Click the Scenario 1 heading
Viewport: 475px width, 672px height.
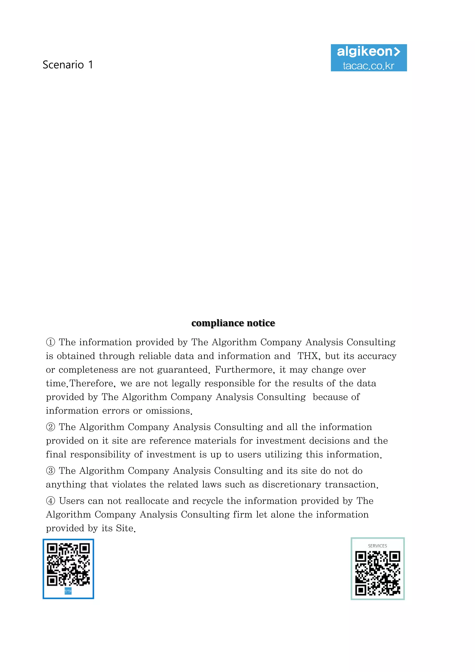pyautogui.click(x=68, y=65)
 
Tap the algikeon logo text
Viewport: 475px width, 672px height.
pyautogui.click(x=368, y=52)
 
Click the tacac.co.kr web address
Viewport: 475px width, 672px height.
pyautogui.click(x=369, y=66)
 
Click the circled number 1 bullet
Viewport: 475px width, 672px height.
pyautogui.click(x=51, y=342)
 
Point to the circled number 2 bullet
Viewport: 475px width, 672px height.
pyautogui.click(x=51, y=427)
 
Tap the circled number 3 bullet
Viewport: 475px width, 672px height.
pyautogui.click(x=51, y=471)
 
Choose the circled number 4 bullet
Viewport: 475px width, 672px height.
pyautogui.click(x=51, y=501)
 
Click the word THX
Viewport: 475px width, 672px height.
pyautogui.click(x=307, y=356)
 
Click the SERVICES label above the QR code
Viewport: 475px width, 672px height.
pyautogui.click(x=377, y=546)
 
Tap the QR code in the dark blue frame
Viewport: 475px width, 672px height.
pyautogui.click(x=68, y=565)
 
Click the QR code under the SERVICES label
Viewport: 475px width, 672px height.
pyautogui.click(x=378, y=573)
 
